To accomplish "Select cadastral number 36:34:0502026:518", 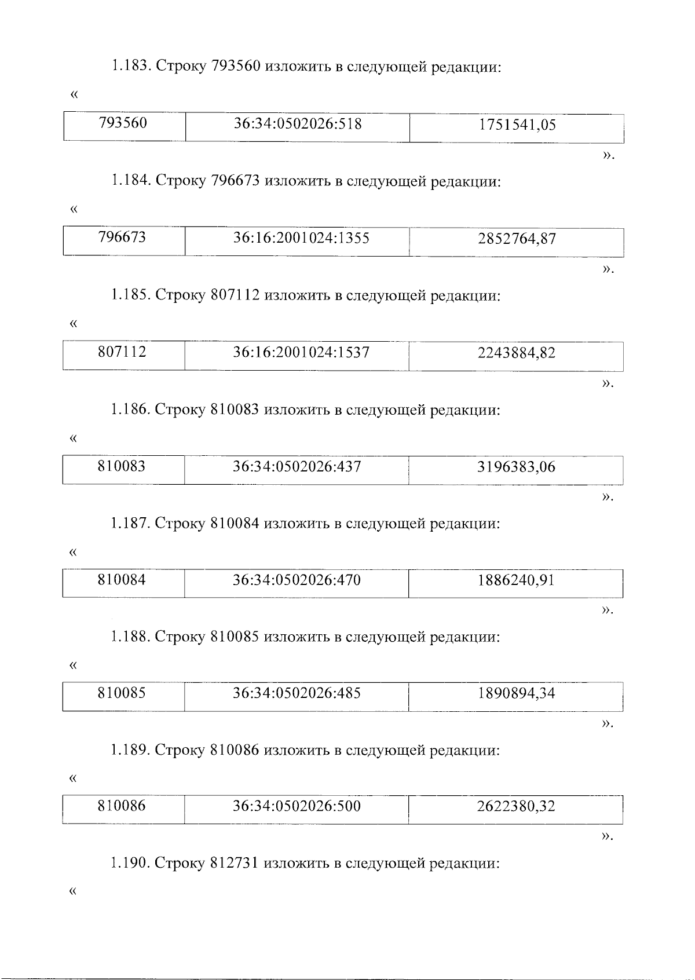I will tap(298, 124).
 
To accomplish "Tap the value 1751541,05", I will tap(517, 125).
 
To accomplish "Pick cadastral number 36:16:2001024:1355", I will tap(301, 238).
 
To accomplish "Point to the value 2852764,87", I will tap(517, 239).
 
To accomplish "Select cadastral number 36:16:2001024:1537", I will tap(301, 352).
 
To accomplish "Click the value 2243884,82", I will tap(517, 353).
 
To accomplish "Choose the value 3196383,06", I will tap(516, 467).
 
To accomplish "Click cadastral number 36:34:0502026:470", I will tap(297, 580).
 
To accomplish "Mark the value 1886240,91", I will tap(516, 580).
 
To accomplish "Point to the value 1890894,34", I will tap(516, 693).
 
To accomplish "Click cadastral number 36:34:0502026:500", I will tap(297, 806).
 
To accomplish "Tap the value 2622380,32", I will tap(516, 806).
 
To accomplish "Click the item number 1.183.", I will tap(131, 67).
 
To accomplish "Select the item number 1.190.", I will tap(131, 864).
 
